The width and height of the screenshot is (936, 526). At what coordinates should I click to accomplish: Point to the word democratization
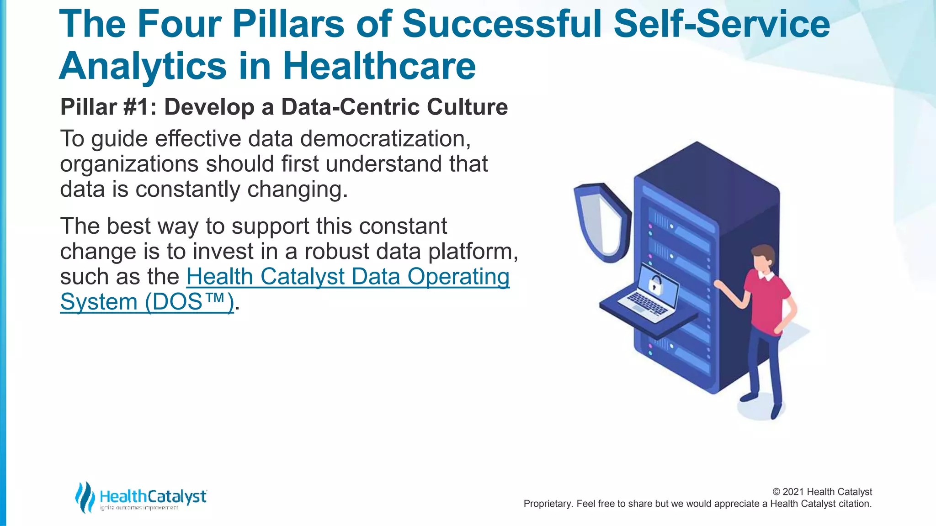385,138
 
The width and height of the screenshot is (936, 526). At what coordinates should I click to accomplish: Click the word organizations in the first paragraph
129,164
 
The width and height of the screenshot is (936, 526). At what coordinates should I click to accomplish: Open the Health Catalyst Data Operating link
348,277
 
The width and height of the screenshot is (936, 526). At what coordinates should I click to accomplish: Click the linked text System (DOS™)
147,302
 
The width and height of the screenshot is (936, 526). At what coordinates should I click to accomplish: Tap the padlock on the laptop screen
655,284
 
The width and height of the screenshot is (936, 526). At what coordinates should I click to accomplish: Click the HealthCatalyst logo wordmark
153,496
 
